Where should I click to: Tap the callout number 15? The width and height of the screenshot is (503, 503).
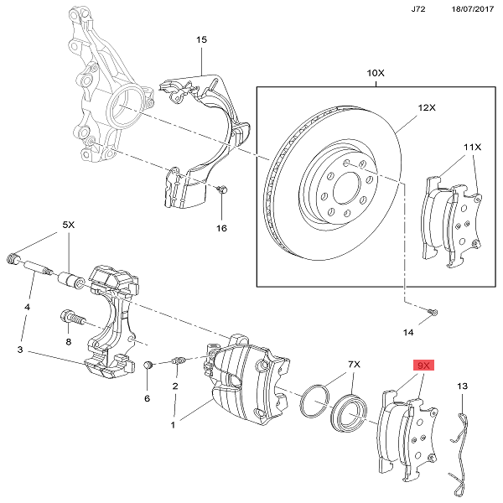201,39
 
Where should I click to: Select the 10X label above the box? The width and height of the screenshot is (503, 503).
376,74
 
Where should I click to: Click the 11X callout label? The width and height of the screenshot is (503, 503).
473,147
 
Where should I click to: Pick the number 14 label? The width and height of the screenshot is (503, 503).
408,333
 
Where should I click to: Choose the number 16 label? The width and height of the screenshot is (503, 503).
221,228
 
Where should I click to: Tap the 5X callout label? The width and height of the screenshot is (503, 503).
69,226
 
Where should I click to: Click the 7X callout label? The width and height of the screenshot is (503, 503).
354,365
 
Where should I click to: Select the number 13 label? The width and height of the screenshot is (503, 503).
462,386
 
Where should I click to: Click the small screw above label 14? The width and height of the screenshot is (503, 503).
433,312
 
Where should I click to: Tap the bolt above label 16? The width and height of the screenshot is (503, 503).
220,190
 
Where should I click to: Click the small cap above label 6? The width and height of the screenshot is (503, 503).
148,366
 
